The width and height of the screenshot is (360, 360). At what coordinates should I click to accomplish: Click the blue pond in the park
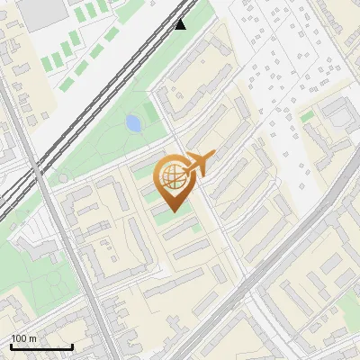coord(133,123)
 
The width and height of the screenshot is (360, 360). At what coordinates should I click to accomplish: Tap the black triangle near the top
coord(181,24)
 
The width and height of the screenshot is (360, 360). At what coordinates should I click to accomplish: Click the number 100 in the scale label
coord(20,338)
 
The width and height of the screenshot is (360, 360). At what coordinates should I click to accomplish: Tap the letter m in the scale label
coord(33,338)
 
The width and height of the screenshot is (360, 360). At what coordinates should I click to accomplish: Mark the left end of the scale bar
coord(11,346)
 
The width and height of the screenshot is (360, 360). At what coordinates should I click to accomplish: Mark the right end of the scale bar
coord(72,346)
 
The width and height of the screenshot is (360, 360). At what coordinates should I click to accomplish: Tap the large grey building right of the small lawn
coord(335,112)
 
